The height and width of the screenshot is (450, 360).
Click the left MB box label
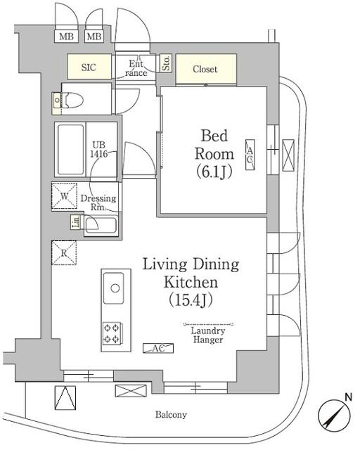pos(66,37)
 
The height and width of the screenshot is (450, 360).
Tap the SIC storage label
pos(89,67)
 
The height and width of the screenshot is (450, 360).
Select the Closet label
pos(205,69)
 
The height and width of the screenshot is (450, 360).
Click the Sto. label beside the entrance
pos(166,63)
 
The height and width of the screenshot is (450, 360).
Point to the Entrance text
pos(137,67)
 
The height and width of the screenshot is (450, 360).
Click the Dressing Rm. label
pos(98,203)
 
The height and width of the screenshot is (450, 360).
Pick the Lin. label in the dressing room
pos(75,223)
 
